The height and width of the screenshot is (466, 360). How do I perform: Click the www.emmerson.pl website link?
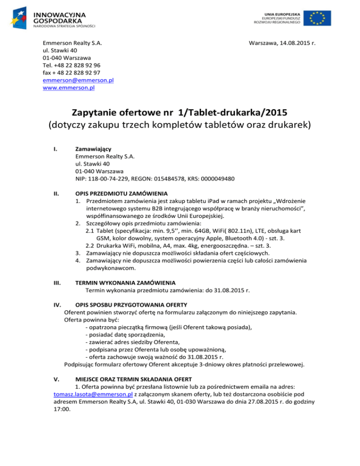(68, 87)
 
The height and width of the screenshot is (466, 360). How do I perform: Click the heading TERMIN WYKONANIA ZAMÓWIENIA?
(126, 283)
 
